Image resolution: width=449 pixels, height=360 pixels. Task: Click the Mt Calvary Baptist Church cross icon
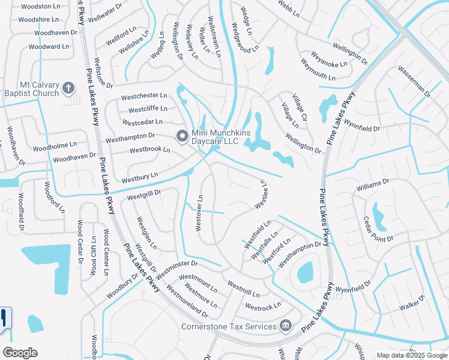coord(68,89)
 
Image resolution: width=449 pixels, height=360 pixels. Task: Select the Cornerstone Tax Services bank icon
coord(286,326)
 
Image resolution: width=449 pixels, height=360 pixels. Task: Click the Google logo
coord(20,353)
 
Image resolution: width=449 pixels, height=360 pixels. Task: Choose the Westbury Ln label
coord(139,177)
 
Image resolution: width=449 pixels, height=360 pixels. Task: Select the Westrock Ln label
coord(263,307)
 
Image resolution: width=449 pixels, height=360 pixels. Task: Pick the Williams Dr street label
coord(373,184)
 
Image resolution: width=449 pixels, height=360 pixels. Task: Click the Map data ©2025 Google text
coord(411,355)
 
